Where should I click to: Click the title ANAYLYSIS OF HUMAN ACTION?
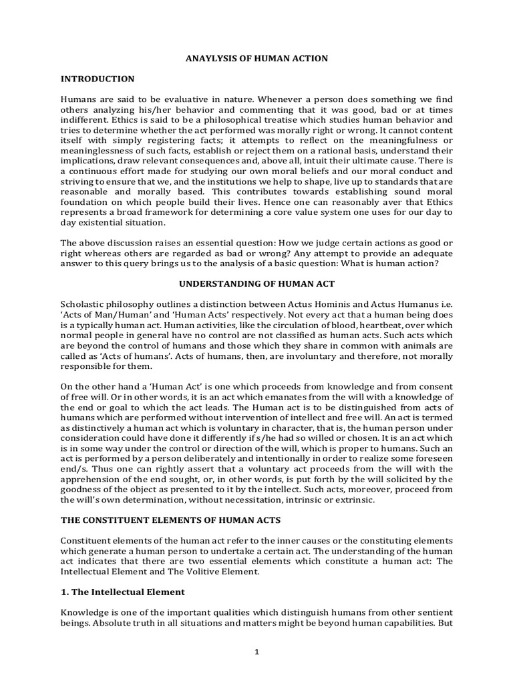coord(256,59)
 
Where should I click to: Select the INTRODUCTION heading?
coord(98,79)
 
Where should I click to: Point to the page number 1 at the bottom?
coord(256,652)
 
